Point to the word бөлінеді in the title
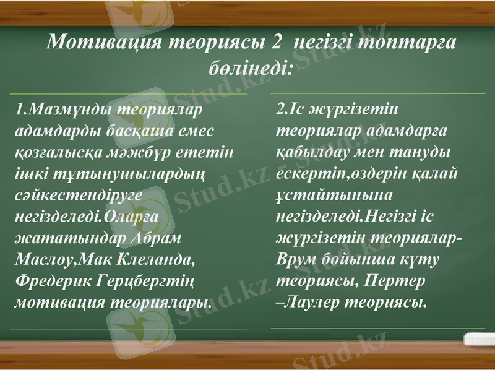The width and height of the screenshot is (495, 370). (x=247, y=66)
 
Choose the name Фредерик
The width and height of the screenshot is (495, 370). (x=53, y=281)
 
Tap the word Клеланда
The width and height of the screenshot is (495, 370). (x=154, y=259)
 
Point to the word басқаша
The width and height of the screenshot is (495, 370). (x=147, y=131)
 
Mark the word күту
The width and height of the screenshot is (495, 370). (x=420, y=259)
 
